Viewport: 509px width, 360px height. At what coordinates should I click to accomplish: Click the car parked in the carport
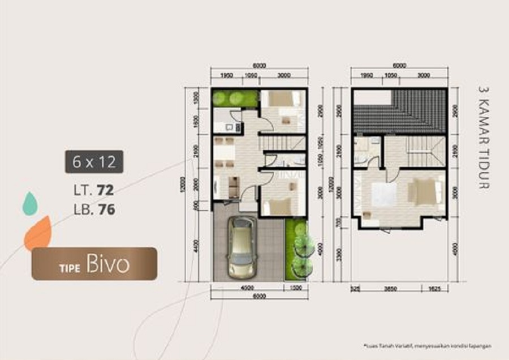[x=241, y=247]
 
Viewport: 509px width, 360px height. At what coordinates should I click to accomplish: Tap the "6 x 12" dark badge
[x=94, y=162]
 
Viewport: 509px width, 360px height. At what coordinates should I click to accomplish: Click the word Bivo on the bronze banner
[x=108, y=265]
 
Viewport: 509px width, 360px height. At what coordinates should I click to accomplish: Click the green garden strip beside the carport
[x=296, y=249]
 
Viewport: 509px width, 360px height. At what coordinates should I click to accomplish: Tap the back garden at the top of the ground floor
[x=235, y=98]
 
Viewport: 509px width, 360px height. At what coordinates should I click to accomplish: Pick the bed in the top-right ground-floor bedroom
[x=282, y=99]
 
